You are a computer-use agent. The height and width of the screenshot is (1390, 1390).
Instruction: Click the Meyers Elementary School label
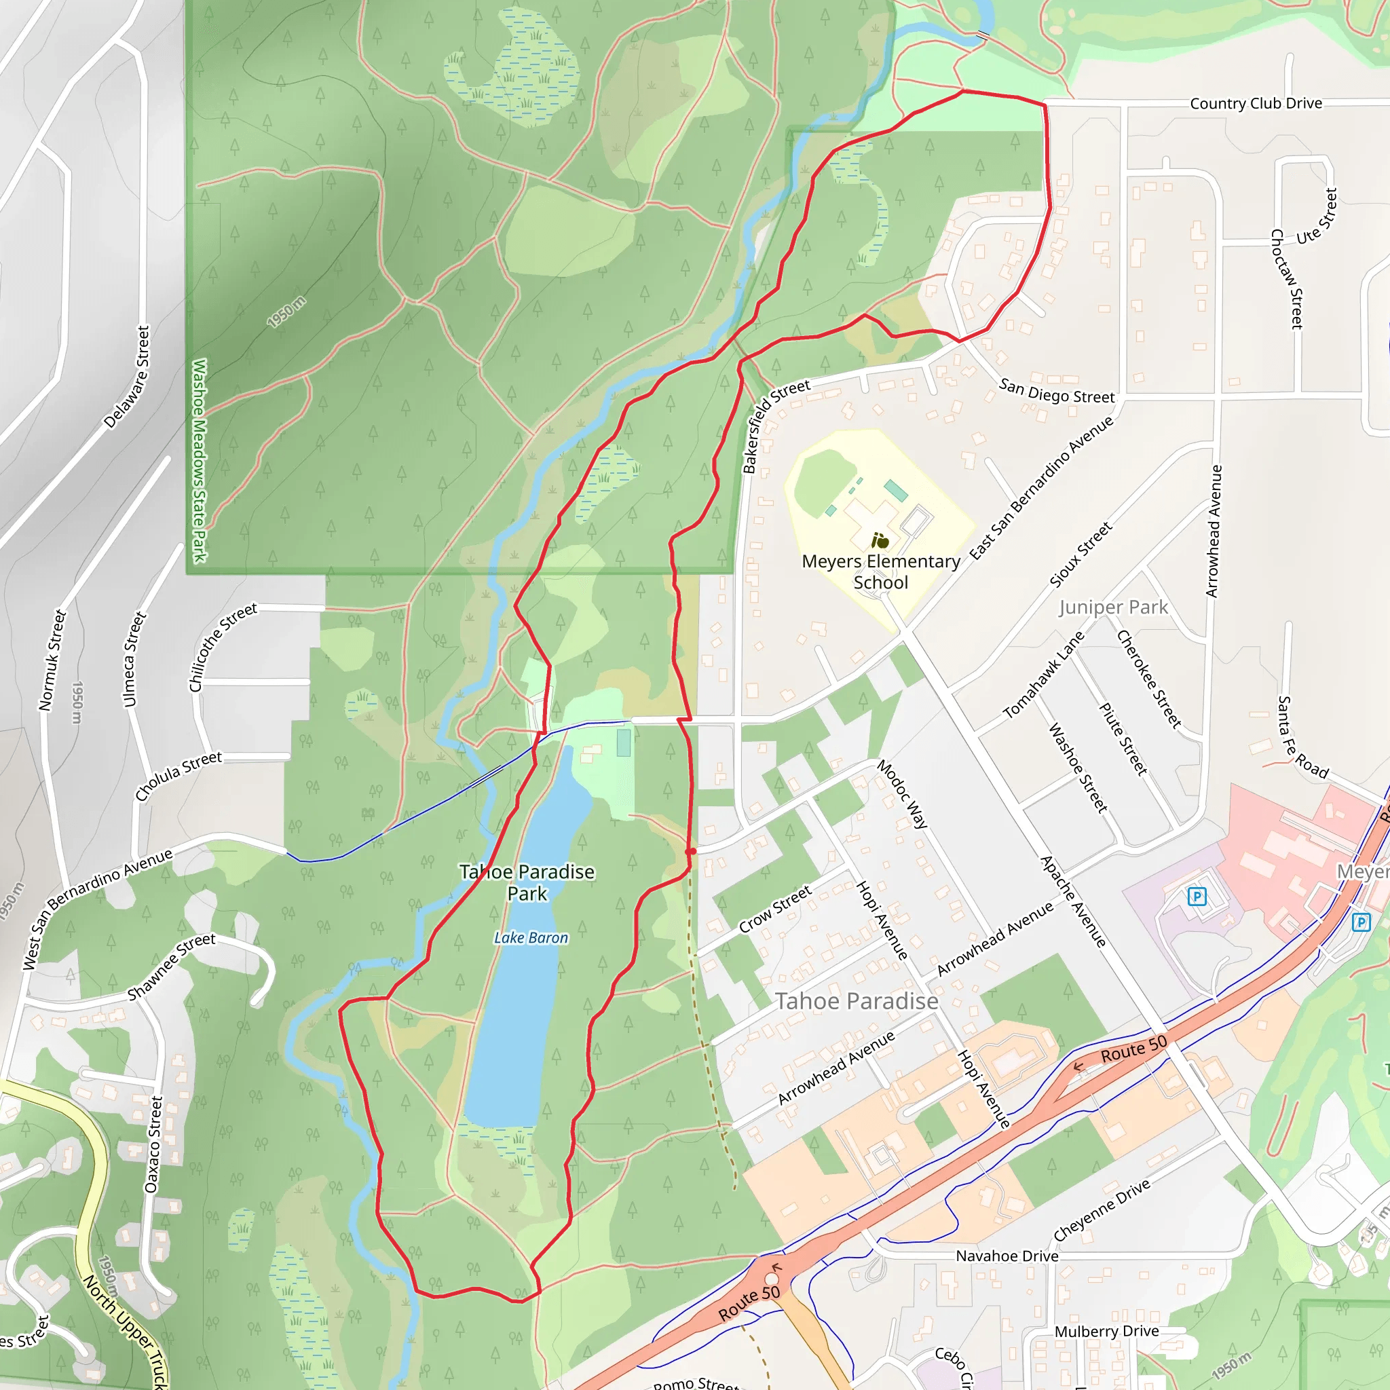(x=880, y=572)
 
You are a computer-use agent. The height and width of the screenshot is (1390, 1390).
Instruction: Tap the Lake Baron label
(x=531, y=938)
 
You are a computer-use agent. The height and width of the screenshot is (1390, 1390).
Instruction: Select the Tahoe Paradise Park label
(x=527, y=883)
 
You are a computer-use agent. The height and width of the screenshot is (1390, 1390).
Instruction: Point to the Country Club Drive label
(x=1256, y=104)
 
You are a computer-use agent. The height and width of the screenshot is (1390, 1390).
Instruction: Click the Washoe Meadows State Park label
(x=200, y=460)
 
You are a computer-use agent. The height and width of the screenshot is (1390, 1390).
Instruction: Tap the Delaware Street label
(x=128, y=377)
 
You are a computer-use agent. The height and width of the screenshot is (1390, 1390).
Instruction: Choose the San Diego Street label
(x=1056, y=392)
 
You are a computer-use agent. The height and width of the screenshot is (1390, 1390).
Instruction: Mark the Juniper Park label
(x=1113, y=607)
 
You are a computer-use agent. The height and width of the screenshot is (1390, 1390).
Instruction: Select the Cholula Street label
(x=179, y=776)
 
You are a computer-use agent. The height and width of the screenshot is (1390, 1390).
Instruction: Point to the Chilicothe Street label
(x=223, y=647)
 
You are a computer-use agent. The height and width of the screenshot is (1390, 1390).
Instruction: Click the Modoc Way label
(x=902, y=795)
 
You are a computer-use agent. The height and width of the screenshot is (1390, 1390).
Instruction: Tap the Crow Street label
(x=776, y=909)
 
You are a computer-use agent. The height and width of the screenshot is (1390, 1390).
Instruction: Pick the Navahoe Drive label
(x=1007, y=1256)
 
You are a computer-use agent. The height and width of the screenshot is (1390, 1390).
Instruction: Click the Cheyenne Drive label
(x=1102, y=1211)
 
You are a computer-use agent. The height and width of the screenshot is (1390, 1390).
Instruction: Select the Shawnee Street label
(x=171, y=966)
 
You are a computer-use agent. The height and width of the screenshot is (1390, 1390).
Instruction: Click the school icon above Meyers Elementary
(x=880, y=540)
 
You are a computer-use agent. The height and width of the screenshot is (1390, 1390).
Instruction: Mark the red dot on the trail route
(x=692, y=851)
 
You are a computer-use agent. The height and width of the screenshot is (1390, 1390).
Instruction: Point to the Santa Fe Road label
(x=1302, y=738)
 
